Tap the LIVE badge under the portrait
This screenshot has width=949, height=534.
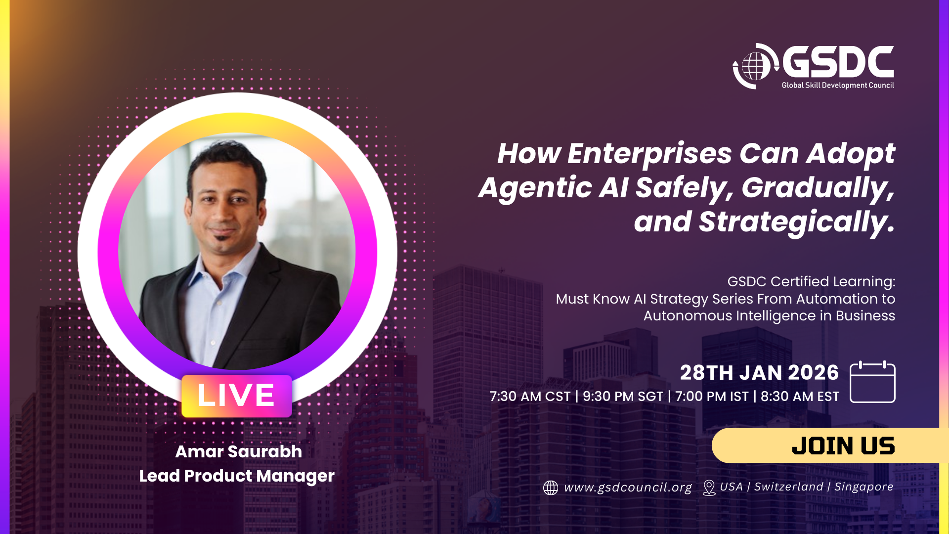click(x=237, y=396)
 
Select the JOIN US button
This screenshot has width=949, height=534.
click(x=830, y=445)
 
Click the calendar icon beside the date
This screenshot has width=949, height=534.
click(x=872, y=382)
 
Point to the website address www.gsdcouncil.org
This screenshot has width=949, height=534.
click(x=628, y=488)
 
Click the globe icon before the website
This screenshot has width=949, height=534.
click(x=551, y=488)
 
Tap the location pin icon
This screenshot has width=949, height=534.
click(x=709, y=488)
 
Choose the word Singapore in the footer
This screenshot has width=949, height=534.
click(x=864, y=487)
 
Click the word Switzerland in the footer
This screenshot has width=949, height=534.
click(x=789, y=487)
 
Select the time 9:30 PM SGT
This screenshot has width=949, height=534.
click(x=623, y=397)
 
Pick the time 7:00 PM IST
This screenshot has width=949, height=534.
click(x=712, y=397)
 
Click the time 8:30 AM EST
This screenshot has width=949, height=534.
click(x=800, y=397)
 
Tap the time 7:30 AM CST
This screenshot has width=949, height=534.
click(x=530, y=397)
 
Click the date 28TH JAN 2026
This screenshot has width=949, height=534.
click(x=759, y=373)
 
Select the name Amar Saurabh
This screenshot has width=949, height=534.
click(x=238, y=451)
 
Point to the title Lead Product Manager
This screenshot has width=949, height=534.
click(x=237, y=476)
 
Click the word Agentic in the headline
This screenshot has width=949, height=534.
click(x=535, y=188)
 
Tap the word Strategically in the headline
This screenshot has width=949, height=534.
click(x=796, y=222)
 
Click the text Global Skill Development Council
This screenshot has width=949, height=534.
click(x=838, y=85)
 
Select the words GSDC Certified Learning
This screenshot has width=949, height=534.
click(x=811, y=281)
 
